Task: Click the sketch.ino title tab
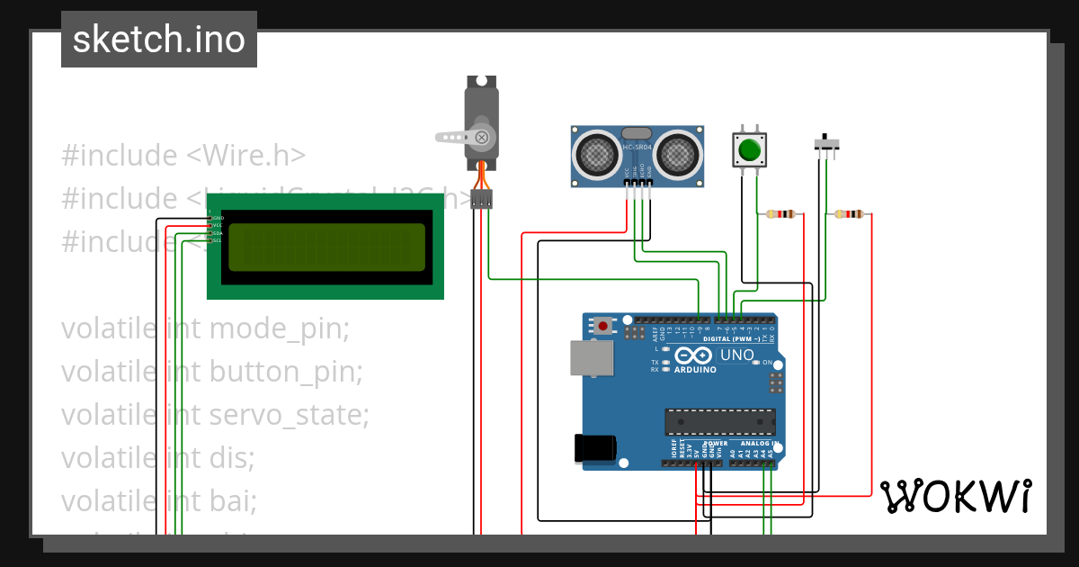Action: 158,40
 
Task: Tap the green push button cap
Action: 749,148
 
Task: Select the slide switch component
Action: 827,143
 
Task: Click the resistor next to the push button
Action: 780,214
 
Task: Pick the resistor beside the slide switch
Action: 848,214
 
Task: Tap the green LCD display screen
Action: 326,247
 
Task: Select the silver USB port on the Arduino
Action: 592,358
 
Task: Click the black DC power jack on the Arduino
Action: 595,447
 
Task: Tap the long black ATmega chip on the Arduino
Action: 719,421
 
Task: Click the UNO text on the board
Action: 736,355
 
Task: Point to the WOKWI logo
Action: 955,495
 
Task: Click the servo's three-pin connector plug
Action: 482,199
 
